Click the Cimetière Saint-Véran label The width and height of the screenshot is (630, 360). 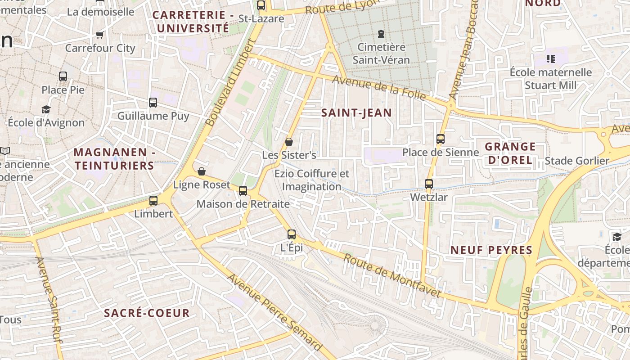tap(381, 53)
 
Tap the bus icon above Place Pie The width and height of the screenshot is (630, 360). tap(63, 76)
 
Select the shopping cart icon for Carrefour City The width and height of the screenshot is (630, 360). tap(100, 35)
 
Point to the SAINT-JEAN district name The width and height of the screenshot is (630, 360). tap(356, 112)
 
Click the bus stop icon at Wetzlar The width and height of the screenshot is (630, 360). tap(429, 184)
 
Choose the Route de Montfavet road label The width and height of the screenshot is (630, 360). tap(392, 276)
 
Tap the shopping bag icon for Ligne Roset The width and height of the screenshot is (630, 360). tap(202, 171)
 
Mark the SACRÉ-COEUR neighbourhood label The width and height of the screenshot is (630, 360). tap(147, 313)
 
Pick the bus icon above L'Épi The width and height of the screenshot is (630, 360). tap(292, 234)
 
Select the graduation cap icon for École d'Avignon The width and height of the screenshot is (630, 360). tap(46, 109)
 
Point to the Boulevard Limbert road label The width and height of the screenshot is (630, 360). tap(230, 82)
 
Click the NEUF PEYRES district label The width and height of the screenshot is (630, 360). tap(491, 250)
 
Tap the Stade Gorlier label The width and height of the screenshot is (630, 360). tap(577, 161)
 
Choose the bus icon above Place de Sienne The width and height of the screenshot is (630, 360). tap(441, 139)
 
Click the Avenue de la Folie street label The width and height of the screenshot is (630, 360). tap(379, 87)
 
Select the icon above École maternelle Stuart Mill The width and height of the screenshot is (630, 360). tap(550, 59)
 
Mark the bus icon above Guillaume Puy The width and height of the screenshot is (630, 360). tap(153, 103)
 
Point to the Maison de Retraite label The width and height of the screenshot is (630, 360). tap(243, 204)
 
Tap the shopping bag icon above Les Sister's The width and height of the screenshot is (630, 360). tap(289, 142)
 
